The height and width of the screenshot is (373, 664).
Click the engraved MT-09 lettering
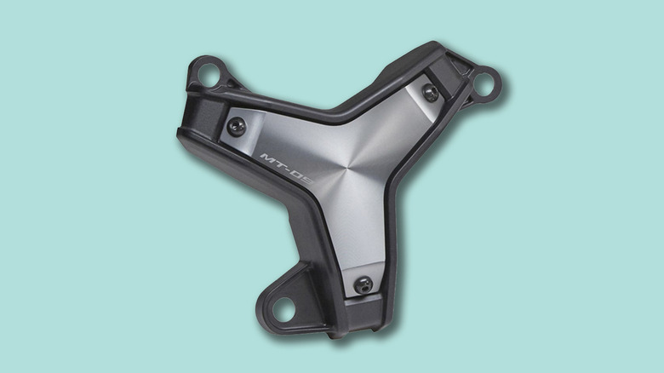click(287, 168)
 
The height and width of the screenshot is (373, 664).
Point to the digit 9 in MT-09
click(308, 179)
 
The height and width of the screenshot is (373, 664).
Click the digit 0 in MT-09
click(300, 175)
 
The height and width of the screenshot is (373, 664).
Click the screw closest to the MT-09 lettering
click(237, 127)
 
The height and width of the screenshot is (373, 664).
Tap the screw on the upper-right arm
click(431, 93)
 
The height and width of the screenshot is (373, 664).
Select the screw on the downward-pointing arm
click(363, 284)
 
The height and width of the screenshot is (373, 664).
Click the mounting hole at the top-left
click(208, 75)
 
